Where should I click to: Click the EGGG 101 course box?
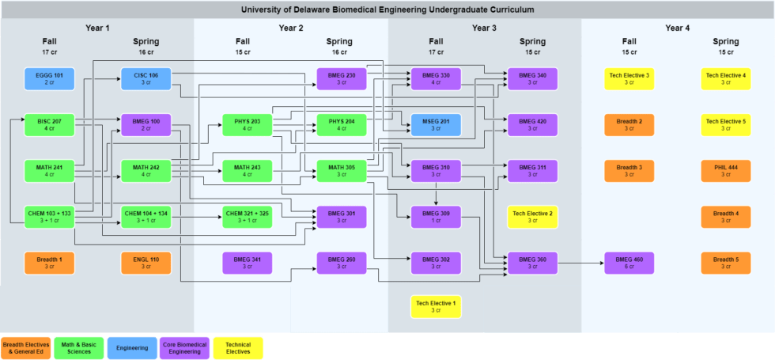(x=49, y=78)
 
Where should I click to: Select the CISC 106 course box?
(x=146, y=78)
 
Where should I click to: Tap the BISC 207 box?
(x=49, y=124)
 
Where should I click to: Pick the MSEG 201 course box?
(x=436, y=124)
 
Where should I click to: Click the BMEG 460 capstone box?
(x=629, y=262)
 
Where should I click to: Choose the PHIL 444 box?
(x=726, y=170)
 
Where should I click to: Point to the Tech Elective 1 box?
(x=436, y=306)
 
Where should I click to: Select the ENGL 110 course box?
(x=146, y=262)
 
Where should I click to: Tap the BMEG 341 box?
(x=242, y=262)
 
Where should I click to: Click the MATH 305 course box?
(x=339, y=170)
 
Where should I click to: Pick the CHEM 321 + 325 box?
(x=242, y=216)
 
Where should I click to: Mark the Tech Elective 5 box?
(x=726, y=124)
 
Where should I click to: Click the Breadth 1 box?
(x=49, y=262)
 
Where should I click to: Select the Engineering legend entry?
(x=132, y=347)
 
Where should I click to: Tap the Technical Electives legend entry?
(x=238, y=347)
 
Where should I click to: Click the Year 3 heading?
(x=484, y=28)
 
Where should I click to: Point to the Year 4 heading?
(x=678, y=28)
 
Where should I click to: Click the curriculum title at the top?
(x=387, y=9)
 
